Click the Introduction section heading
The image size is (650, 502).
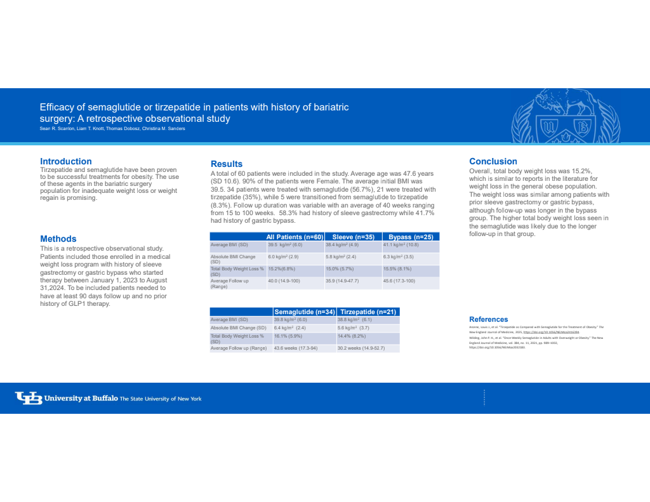tap(66, 161)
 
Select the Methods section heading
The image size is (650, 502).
tap(58, 239)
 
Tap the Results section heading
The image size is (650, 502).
tap(227, 164)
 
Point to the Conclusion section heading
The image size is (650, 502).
tap(493, 161)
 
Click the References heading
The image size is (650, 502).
tap(488, 319)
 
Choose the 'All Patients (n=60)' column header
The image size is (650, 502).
tap(295, 237)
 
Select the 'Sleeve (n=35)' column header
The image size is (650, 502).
tap(352, 237)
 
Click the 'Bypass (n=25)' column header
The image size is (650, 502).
tap(410, 237)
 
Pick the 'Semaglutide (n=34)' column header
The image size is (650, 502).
tap(304, 312)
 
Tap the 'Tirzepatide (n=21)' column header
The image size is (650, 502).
tap(368, 312)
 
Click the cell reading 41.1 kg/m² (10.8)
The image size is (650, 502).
tap(404, 244)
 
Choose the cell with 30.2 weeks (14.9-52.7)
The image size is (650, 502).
tap(361, 348)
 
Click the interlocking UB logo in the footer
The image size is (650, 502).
tap(28, 398)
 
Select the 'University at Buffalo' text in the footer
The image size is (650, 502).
tap(81, 399)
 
